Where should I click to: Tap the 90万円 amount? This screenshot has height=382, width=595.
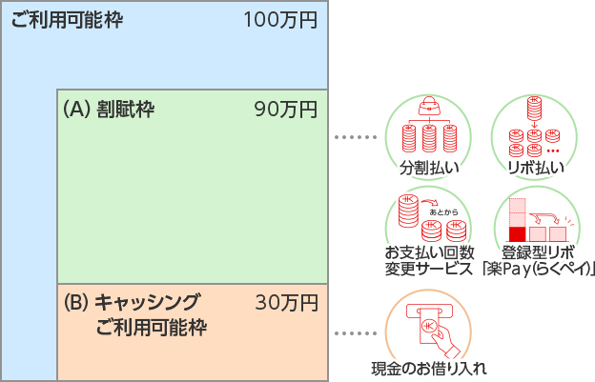pos(286,110)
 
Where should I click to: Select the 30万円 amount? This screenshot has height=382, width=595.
pos(286,304)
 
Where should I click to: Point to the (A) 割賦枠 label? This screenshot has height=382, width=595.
pos(108,110)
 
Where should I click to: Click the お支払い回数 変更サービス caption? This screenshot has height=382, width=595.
pos(429,260)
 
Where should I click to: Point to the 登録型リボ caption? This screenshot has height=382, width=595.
pos(539,252)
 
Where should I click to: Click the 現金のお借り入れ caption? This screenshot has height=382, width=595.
pos(429,368)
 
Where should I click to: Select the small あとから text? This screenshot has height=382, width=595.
pos(445,211)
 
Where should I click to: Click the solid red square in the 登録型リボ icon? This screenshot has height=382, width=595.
pos(518,233)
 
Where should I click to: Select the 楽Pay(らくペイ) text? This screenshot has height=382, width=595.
pos(539,269)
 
